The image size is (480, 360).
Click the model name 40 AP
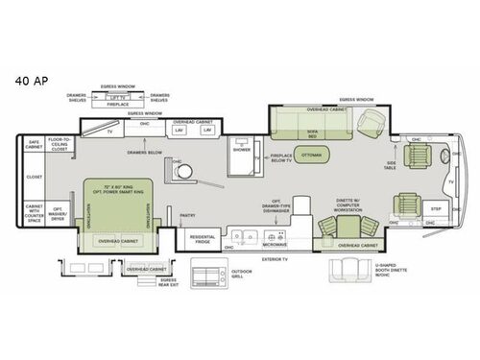pos(28,82)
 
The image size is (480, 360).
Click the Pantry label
pos(188,216)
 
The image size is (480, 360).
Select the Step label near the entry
pos(435,207)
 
